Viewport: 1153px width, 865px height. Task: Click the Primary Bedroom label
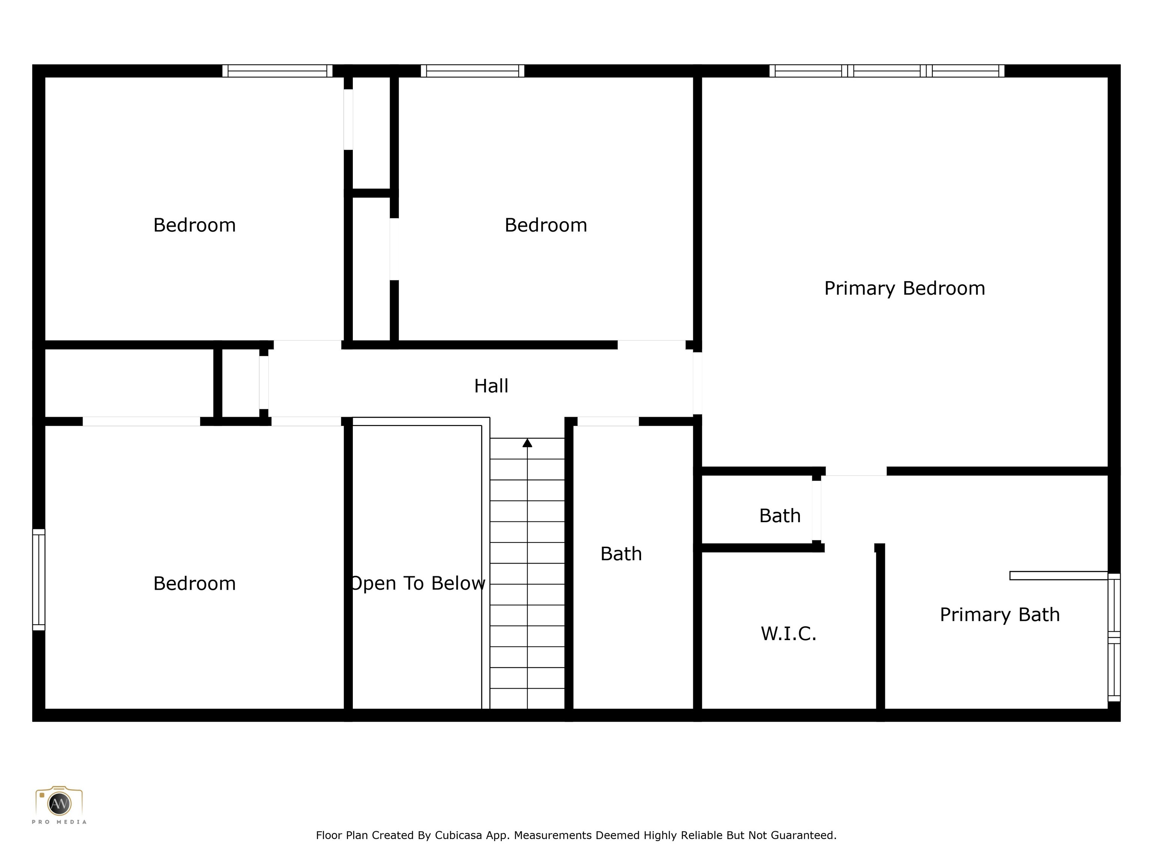(x=905, y=288)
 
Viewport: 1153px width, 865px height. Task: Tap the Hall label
(x=491, y=386)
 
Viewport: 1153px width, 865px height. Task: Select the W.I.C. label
(x=788, y=633)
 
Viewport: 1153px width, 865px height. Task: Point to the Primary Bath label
(x=999, y=615)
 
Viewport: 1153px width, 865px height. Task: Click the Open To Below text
(x=417, y=583)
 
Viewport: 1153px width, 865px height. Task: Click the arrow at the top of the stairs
(x=527, y=443)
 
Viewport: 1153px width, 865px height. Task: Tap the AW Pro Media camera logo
(x=59, y=803)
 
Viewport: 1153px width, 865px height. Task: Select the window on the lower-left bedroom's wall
(x=39, y=579)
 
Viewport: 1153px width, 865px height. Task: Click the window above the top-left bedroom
(x=277, y=71)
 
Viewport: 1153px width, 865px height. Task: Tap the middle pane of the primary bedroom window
(x=887, y=71)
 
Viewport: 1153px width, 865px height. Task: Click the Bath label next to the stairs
(x=621, y=554)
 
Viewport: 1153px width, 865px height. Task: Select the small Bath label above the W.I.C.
(x=779, y=516)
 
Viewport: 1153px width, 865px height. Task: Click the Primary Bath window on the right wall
(x=1114, y=637)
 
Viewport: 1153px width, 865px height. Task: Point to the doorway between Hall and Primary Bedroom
(x=697, y=383)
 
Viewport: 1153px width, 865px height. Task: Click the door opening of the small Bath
(x=816, y=511)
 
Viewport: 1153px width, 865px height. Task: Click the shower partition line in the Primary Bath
(x=1058, y=576)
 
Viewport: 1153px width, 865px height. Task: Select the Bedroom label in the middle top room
(x=546, y=225)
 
